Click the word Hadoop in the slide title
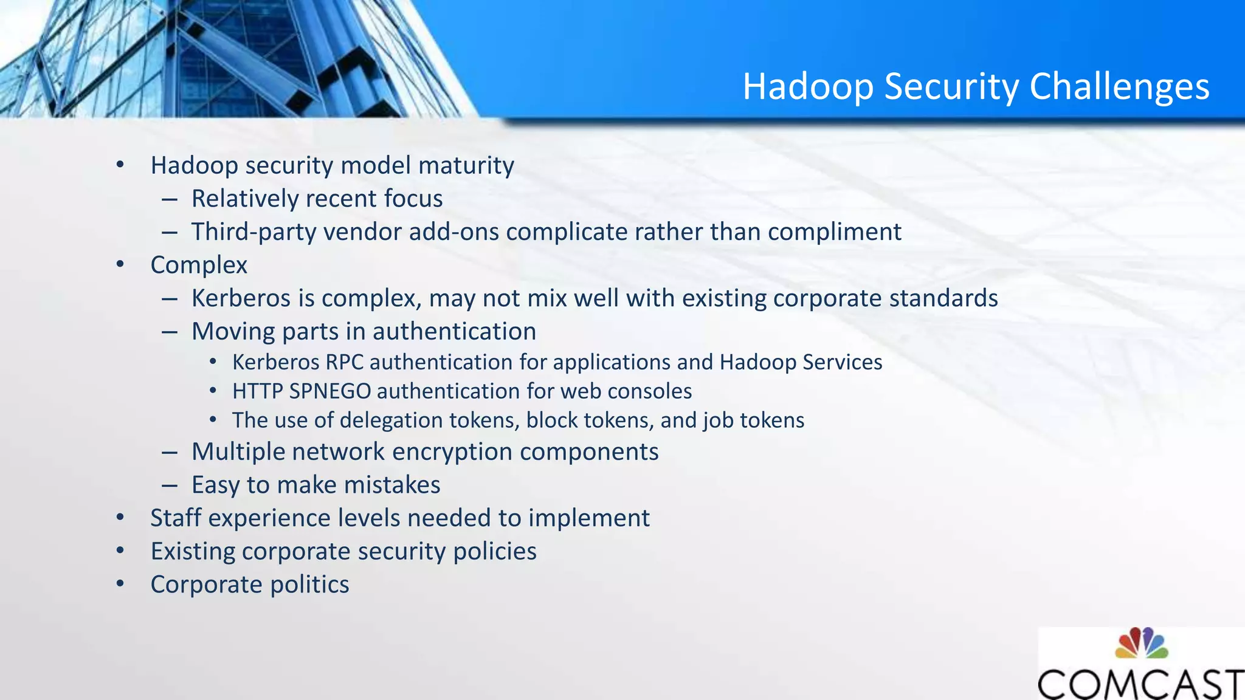tap(808, 86)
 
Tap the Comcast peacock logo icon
tap(1141, 643)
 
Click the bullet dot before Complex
tap(120, 264)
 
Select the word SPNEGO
tap(329, 391)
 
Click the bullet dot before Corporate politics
tap(120, 584)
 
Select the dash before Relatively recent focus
tap(170, 199)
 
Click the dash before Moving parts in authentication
tap(170, 332)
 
